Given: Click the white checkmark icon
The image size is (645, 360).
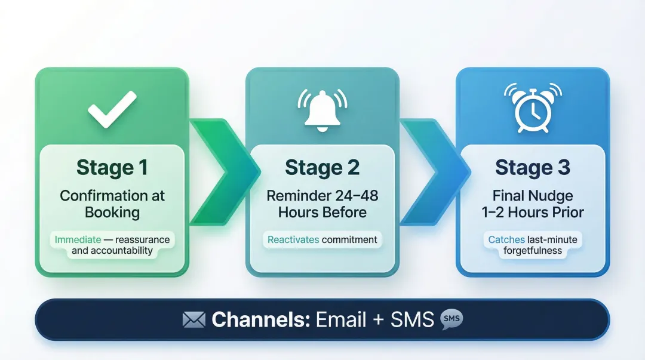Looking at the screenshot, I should click(x=112, y=109).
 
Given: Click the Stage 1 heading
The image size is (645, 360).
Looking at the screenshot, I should click(x=112, y=168).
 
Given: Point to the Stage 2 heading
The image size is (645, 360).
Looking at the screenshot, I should click(x=322, y=168).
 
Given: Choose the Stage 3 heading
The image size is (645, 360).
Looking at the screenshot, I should click(x=533, y=168).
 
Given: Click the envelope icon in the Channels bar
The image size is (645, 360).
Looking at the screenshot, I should click(x=193, y=320).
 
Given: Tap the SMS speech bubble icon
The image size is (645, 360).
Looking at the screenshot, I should click(x=451, y=320).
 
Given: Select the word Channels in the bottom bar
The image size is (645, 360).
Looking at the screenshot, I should click(x=260, y=320).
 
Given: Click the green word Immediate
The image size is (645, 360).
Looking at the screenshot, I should click(x=78, y=239).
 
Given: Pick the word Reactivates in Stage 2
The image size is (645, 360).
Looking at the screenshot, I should click(x=293, y=239).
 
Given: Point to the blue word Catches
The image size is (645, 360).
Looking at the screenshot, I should click(x=506, y=239).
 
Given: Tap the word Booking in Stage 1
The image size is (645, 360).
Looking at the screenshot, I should click(x=112, y=212).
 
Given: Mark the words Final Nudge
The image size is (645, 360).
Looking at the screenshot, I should click(x=533, y=196).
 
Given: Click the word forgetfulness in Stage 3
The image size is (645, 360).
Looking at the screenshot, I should click(x=533, y=251).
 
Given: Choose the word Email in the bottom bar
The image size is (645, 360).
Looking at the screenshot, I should click(x=340, y=320).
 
